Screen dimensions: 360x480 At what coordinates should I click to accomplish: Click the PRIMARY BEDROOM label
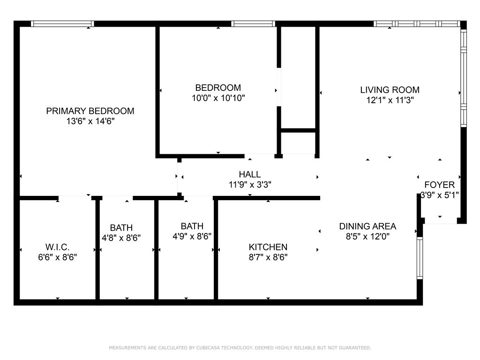90,111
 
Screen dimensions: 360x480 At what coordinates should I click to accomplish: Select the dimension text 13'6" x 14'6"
90,121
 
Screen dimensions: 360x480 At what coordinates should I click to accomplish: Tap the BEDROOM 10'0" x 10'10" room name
218,88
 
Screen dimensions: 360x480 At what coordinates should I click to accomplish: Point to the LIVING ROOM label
390,90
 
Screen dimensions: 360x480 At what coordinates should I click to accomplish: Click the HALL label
249,175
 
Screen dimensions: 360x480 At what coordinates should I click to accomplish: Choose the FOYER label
439,185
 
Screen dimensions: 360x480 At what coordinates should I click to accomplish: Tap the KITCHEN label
268,247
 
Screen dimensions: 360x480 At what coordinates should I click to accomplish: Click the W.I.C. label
58,247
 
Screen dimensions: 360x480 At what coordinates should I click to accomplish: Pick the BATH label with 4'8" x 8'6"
121,228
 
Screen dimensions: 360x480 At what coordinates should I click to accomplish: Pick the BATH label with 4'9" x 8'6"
192,226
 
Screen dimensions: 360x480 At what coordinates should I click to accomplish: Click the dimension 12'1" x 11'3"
390,100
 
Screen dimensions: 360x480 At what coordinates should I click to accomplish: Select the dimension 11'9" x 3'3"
249,185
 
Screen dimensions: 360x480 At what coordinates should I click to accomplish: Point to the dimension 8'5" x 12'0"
367,237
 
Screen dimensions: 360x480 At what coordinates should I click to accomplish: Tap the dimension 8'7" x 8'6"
268,257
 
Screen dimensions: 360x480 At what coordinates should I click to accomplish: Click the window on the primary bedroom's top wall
62,24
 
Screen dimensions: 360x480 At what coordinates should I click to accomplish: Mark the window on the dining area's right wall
420,258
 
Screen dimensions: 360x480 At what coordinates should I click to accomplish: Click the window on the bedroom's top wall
253,24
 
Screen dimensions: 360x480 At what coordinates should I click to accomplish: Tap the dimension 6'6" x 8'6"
58,257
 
